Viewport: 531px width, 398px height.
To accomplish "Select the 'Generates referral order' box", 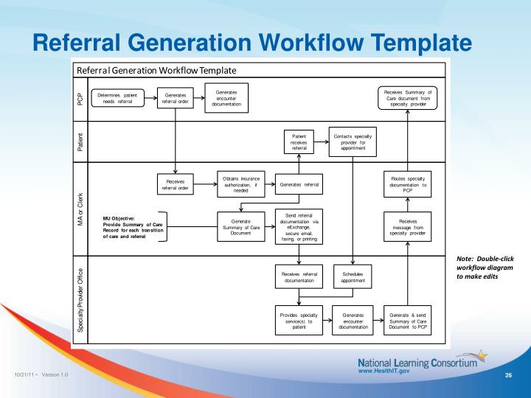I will (176, 98).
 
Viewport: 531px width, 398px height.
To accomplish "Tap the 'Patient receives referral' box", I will (299, 142).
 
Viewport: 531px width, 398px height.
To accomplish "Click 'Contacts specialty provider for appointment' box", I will (353, 142).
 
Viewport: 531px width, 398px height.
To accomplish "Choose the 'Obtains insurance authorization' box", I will (240, 181).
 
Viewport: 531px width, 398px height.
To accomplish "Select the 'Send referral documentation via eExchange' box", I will (299, 226).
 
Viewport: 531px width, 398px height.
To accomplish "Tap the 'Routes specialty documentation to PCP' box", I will (408, 183).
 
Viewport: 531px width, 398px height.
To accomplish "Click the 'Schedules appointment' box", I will (353, 276).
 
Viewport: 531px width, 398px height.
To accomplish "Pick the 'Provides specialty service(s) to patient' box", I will (299, 321).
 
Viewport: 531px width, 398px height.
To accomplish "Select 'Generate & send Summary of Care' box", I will (408, 321).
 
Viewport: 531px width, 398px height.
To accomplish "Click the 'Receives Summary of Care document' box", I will (408, 98).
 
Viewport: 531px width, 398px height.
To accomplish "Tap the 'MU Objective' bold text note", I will (133, 227).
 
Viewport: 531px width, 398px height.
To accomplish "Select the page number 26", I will (508, 377).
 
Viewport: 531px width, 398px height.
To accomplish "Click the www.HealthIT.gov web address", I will (383, 371).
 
